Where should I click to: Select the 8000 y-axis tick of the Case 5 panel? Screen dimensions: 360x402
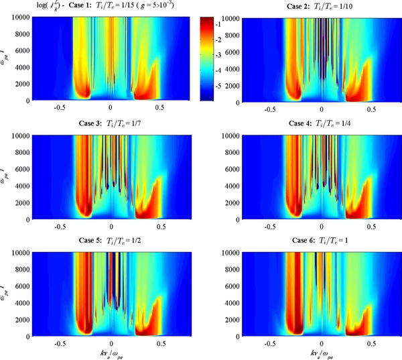click(16, 269)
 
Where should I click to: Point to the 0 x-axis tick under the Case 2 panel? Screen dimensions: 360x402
click(322, 109)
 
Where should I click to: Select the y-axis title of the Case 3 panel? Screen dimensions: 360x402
click(4, 176)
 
